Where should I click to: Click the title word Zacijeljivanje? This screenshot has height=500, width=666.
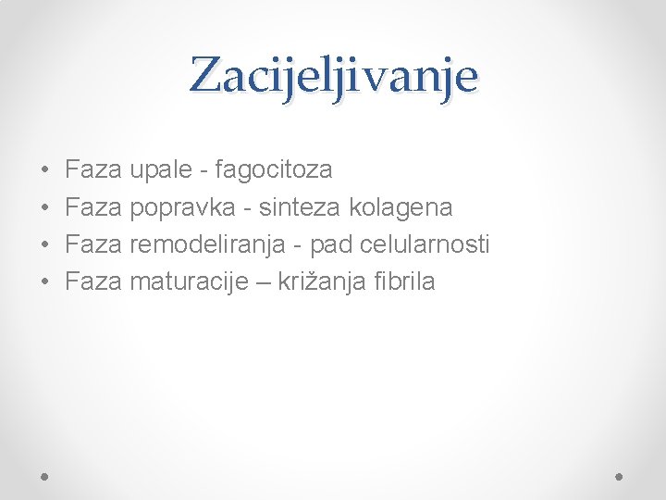(334, 77)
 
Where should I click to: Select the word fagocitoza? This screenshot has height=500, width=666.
(273, 170)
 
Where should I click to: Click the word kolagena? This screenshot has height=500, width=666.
(401, 207)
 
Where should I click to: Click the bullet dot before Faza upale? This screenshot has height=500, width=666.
(45, 171)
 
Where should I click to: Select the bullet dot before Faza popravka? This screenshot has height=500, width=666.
(45, 208)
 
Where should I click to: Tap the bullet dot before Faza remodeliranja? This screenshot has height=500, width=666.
(45, 245)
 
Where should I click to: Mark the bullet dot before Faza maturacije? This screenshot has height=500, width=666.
(45, 282)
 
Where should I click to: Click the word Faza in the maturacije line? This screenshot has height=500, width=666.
(93, 281)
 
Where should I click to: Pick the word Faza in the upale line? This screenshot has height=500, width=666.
(93, 170)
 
